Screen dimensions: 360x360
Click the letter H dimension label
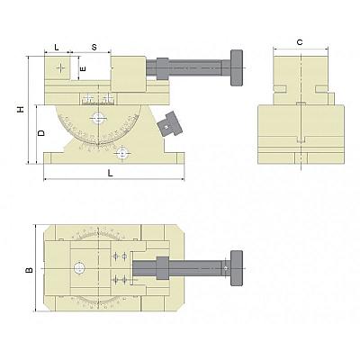click(21, 109)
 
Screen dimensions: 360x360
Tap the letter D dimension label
click(41, 133)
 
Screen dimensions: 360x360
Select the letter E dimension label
click(83, 68)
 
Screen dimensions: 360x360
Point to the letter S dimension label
click(94, 47)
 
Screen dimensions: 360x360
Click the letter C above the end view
click(300, 42)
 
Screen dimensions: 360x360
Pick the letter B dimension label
click(29, 270)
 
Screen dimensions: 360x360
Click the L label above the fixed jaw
click(57, 47)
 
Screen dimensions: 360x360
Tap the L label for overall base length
click(111, 173)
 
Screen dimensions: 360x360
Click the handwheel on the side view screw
click(237, 67)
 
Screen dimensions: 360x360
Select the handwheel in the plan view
click(237, 268)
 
